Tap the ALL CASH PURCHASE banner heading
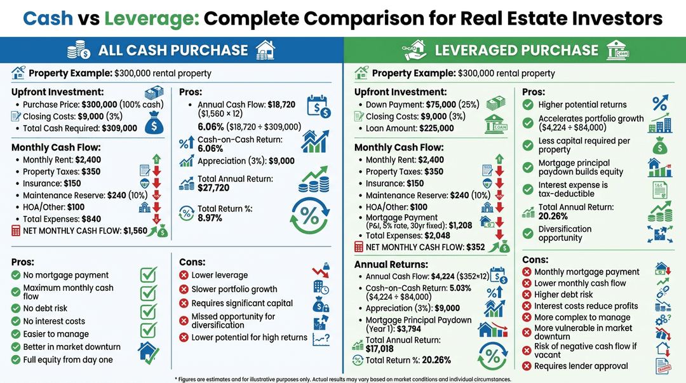pos(173,50)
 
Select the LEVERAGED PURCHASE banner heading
pos(516,50)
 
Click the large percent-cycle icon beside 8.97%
pos(309,215)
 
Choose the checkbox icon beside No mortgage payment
pos(148,275)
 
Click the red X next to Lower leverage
pos(184,275)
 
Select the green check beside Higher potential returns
pos(527,105)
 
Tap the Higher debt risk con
pos(563,295)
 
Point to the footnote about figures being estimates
pos(343,379)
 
